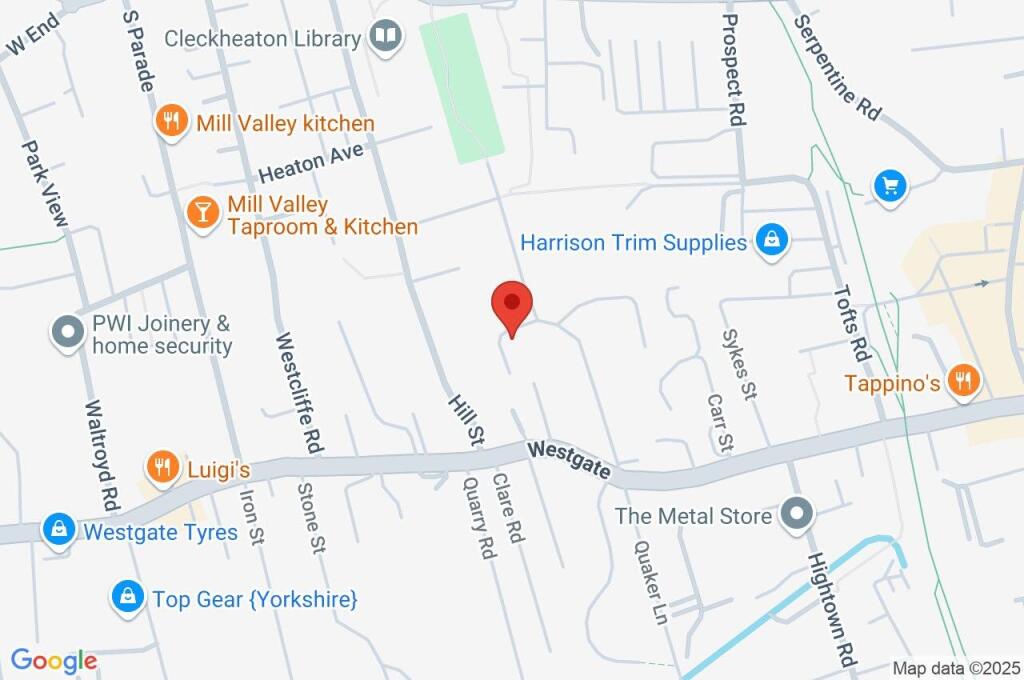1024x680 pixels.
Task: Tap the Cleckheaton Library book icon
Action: (x=384, y=38)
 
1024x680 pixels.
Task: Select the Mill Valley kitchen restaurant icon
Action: (x=172, y=123)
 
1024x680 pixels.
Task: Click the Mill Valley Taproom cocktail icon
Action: (x=203, y=213)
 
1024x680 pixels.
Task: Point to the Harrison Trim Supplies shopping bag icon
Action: (x=771, y=241)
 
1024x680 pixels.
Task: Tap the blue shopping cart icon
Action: (x=889, y=186)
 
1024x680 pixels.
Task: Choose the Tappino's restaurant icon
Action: (x=964, y=381)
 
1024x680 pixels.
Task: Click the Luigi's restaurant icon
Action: (x=161, y=466)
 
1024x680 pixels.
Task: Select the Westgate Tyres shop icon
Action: (x=59, y=530)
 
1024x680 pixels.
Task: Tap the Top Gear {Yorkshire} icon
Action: (x=126, y=598)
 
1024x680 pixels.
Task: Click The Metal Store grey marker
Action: (x=797, y=515)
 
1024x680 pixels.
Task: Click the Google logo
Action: (x=53, y=660)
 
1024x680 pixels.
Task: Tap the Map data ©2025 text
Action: (x=956, y=668)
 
